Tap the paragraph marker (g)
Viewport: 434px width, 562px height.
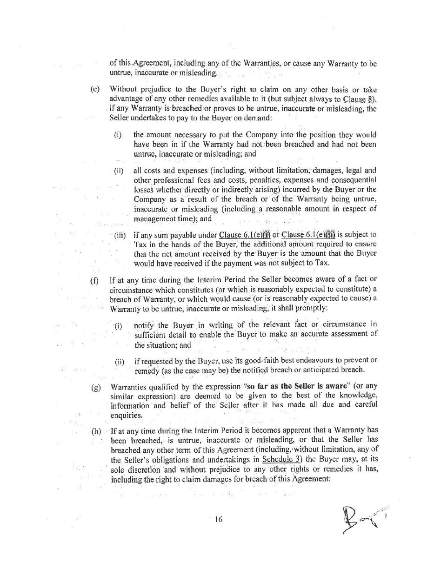click(96, 387)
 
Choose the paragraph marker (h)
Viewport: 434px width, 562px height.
click(96, 431)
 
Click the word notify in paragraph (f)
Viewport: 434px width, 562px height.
click(145, 324)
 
